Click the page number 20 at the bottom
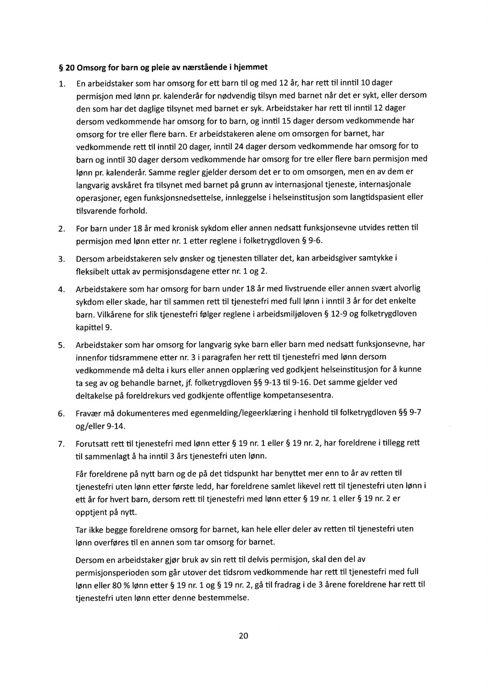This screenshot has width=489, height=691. (243, 636)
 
